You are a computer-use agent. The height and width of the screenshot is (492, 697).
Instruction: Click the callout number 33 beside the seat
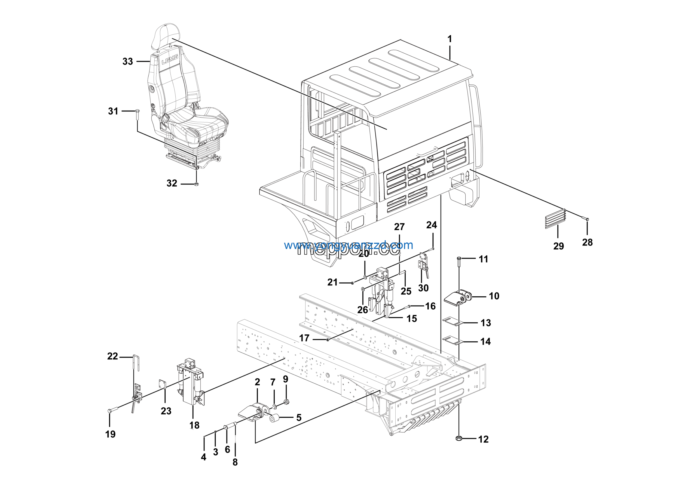[x=127, y=61]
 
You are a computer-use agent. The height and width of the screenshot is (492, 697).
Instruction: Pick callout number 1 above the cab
[x=450, y=39]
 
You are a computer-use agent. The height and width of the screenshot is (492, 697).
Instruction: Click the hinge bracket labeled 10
[x=458, y=297]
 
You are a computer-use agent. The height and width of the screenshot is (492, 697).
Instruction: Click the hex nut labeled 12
[x=459, y=438]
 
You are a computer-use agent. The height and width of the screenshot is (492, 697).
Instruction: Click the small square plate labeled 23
[x=163, y=384]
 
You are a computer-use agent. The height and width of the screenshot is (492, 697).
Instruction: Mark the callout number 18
[x=194, y=425]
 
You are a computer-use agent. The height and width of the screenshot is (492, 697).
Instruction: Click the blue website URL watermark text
[x=348, y=245]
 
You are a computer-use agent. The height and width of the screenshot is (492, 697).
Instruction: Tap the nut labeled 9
[x=286, y=402]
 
